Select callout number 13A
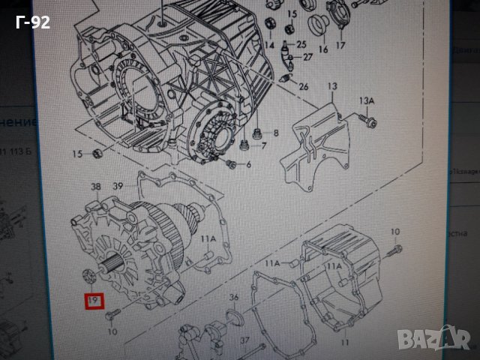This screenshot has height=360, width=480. point(366,101)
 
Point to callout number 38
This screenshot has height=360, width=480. point(95,186)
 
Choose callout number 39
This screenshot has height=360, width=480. point(118,186)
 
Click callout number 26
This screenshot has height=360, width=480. point(303,87)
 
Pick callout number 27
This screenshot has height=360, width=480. point(307,57)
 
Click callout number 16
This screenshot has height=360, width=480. point(323,50)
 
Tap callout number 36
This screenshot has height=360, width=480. point(233,297)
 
